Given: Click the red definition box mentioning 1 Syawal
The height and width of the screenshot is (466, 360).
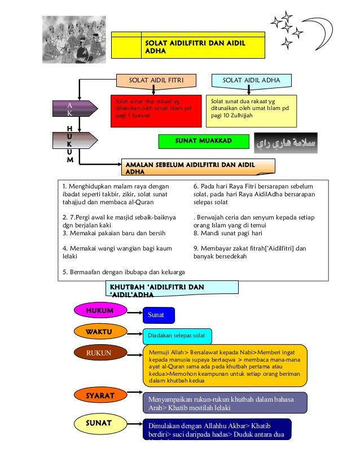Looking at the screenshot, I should click(x=155, y=111).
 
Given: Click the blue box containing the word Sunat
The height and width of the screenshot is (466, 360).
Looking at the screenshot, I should click(x=158, y=315).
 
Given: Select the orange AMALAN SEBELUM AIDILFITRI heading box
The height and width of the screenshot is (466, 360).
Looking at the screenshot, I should click(x=198, y=166).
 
